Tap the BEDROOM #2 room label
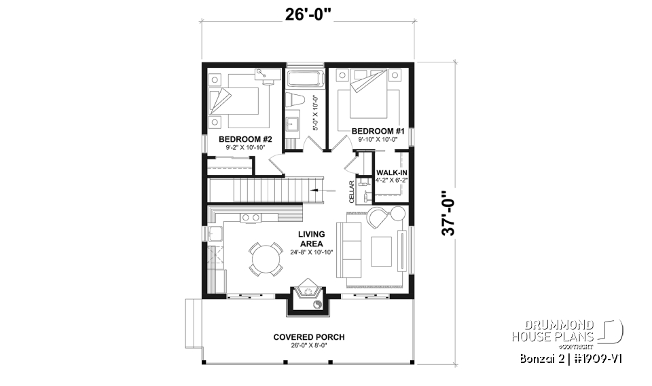point(236,138)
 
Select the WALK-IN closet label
point(392,173)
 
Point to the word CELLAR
point(352,192)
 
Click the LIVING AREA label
point(310,239)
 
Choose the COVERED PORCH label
point(309,337)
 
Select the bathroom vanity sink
point(294,123)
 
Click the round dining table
point(265,258)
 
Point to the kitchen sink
point(217,235)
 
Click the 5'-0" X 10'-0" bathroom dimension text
point(315,112)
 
